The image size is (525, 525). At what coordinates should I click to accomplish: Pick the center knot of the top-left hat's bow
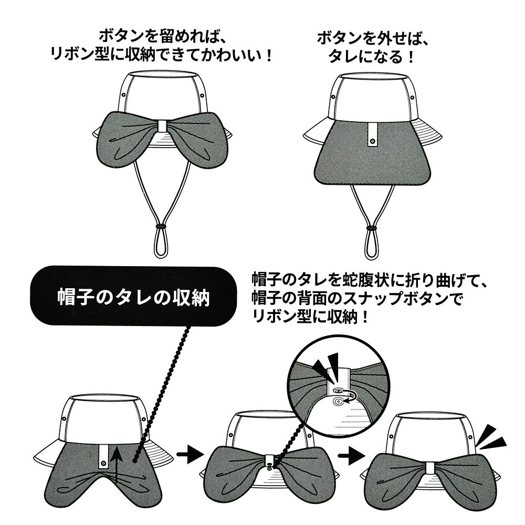point(162,126)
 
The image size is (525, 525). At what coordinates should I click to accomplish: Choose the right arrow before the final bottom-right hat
point(348,453)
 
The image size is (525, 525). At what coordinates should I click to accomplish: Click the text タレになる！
point(369,56)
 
